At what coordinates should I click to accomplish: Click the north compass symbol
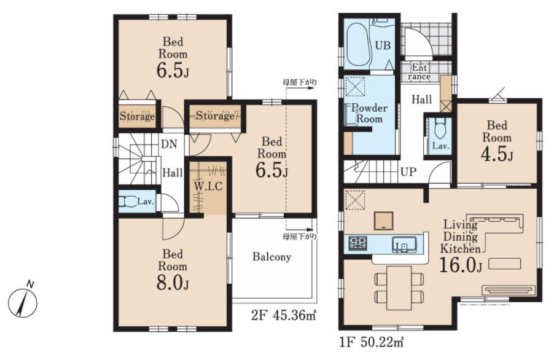(23, 300)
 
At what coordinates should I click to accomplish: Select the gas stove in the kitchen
(358, 243)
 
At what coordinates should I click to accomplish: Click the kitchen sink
(404, 245)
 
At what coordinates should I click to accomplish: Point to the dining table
(399, 288)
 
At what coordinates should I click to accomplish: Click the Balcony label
(271, 257)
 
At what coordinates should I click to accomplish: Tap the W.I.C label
(208, 186)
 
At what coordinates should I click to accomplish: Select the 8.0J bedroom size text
(173, 282)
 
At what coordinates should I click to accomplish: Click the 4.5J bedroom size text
(497, 154)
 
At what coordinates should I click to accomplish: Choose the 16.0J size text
(461, 265)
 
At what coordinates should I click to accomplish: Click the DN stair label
(169, 144)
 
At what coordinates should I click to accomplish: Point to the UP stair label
(408, 172)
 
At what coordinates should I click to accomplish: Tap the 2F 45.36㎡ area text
(284, 315)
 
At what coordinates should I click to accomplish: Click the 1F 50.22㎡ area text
(372, 342)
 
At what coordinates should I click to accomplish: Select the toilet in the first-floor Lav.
(440, 128)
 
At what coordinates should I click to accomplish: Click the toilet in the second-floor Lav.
(128, 202)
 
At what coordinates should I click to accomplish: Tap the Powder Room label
(369, 113)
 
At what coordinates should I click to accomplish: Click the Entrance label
(419, 72)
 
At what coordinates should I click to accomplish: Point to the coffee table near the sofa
(504, 264)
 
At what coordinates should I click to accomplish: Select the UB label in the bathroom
(383, 45)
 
